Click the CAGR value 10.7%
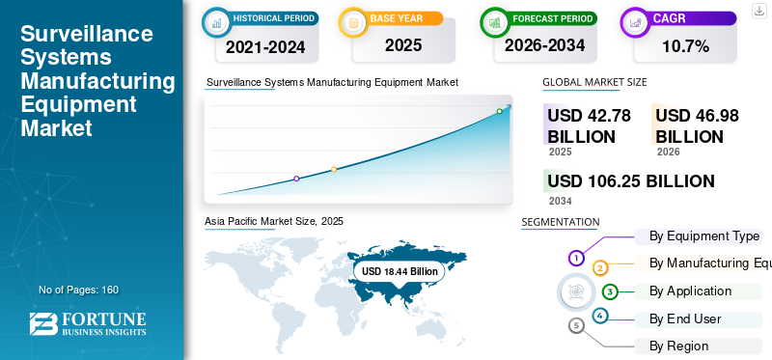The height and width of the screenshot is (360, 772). pyautogui.click(x=685, y=46)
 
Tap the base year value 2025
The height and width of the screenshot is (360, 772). pyautogui.click(x=403, y=45)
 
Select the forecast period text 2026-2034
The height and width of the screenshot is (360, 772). pyautogui.click(x=544, y=45)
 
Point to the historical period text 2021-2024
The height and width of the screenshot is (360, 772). pyautogui.click(x=265, y=46)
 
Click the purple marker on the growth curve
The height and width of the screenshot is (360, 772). pyautogui.click(x=296, y=179)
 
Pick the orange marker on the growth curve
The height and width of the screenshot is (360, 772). pyautogui.click(x=334, y=169)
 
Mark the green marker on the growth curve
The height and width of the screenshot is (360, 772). pyautogui.click(x=499, y=111)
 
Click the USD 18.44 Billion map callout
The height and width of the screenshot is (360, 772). pyautogui.click(x=400, y=271)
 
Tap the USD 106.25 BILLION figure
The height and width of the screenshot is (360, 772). pyautogui.click(x=631, y=181)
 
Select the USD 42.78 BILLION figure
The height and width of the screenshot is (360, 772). pyautogui.click(x=589, y=126)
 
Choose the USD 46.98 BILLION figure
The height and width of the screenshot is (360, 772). pyautogui.click(x=697, y=126)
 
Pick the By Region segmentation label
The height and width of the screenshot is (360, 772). pyautogui.click(x=678, y=346)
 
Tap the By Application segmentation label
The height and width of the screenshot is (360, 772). pyautogui.click(x=690, y=291)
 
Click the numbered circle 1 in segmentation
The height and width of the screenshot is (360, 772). pyautogui.click(x=576, y=257)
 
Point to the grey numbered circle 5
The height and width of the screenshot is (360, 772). pyautogui.click(x=577, y=325)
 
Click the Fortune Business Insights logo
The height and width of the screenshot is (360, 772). pyautogui.click(x=88, y=323)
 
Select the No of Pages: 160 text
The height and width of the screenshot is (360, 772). pyautogui.click(x=79, y=290)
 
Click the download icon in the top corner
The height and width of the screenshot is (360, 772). pyautogui.click(x=759, y=11)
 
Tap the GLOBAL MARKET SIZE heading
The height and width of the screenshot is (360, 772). pyautogui.click(x=594, y=82)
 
